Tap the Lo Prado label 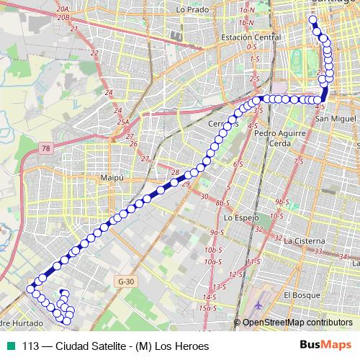191,11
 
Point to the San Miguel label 333,118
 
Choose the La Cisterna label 305,240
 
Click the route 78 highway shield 47,148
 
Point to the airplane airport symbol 258,303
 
